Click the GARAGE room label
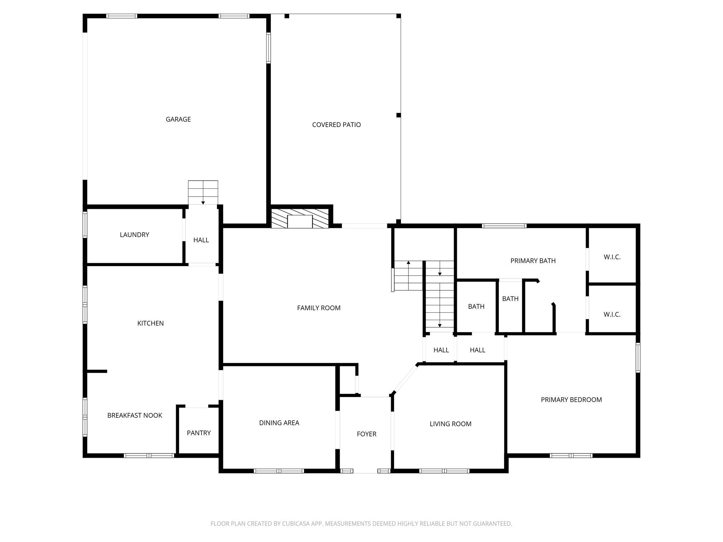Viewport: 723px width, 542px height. point(178,119)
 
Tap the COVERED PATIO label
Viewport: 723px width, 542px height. point(336,125)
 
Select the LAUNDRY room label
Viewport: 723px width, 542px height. point(135,235)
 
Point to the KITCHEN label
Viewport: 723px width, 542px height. point(150,323)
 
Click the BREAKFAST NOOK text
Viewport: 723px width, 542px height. point(135,415)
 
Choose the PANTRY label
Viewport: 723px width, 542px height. point(199,433)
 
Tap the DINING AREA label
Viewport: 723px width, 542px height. point(279,423)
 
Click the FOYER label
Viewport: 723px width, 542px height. point(366,434)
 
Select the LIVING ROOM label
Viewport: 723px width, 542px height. point(450,424)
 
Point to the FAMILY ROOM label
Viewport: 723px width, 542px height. point(319,308)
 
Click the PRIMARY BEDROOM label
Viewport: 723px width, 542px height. point(571,400)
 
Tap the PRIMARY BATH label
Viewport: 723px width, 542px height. point(533,261)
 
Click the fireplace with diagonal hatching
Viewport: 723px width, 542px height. point(300,218)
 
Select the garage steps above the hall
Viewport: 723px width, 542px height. point(203,193)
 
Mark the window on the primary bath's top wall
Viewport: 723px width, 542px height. point(504,226)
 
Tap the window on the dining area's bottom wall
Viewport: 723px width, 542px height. point(279,471)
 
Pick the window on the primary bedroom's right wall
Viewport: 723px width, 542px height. point(638,358)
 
